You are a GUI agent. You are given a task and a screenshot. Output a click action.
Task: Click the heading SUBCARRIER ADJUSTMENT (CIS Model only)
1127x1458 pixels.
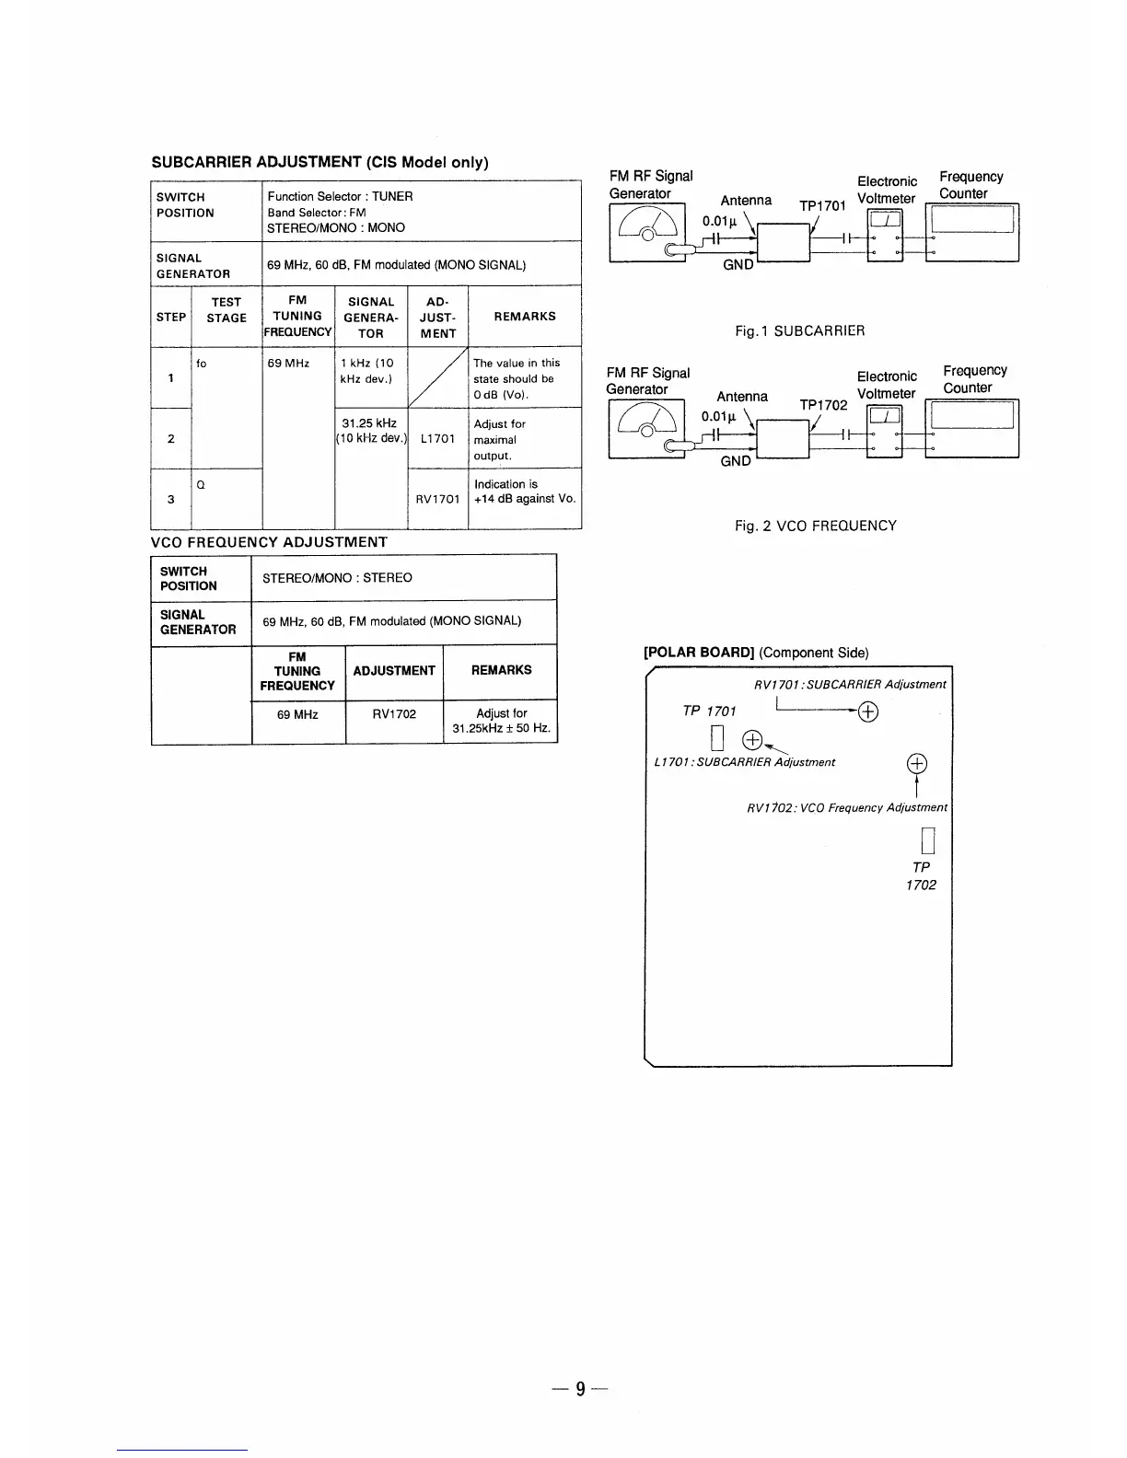pyautogui.click(x=320, y=163)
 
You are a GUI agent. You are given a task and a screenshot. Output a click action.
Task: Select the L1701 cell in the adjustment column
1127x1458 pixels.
pyautogui.click(x=436, y=439)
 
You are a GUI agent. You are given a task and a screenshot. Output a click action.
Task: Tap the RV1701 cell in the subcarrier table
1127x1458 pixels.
pyautogui.click(x=437, y=499)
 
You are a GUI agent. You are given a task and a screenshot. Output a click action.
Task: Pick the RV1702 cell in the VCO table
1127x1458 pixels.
pyautogui.click(x=394, y=714)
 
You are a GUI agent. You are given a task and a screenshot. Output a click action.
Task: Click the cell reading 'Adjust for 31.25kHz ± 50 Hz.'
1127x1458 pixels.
pyautogui.click(x=501, y=722)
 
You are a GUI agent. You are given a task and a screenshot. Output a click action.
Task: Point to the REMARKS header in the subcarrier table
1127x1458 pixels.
pyautogui.click(x=525, y=316)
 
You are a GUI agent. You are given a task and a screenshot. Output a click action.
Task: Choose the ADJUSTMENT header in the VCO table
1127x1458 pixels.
pyautogui.click(x=394, y=670)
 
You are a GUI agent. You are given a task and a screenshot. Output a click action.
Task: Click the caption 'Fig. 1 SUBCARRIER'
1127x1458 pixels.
pyautogui.click(x=800, y=330)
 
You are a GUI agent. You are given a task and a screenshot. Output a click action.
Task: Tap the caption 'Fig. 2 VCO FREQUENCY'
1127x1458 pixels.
pyautogui.click(x=815, y=526)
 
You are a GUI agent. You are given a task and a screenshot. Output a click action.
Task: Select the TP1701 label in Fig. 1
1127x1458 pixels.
pyautogui.click(x=822, y=206)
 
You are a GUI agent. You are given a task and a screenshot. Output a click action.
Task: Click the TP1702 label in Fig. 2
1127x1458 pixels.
pyautogui.click(x=823, y=405)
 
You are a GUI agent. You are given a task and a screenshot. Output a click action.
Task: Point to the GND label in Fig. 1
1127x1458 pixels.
pyautogui.click(x=738, y=264)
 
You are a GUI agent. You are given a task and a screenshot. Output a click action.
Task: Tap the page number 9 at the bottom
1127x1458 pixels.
pyautogui.click(x=580, y=1389)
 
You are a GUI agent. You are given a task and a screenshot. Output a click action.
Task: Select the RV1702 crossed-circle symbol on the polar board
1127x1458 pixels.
pyautogui.click(x=917, y=763)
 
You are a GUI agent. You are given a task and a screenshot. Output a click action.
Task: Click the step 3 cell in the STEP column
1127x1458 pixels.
pyautogui.click(x=171, y=499)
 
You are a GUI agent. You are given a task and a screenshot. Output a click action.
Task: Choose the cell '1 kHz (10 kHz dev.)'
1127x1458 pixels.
pyautogui.click(x=367, y=371)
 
